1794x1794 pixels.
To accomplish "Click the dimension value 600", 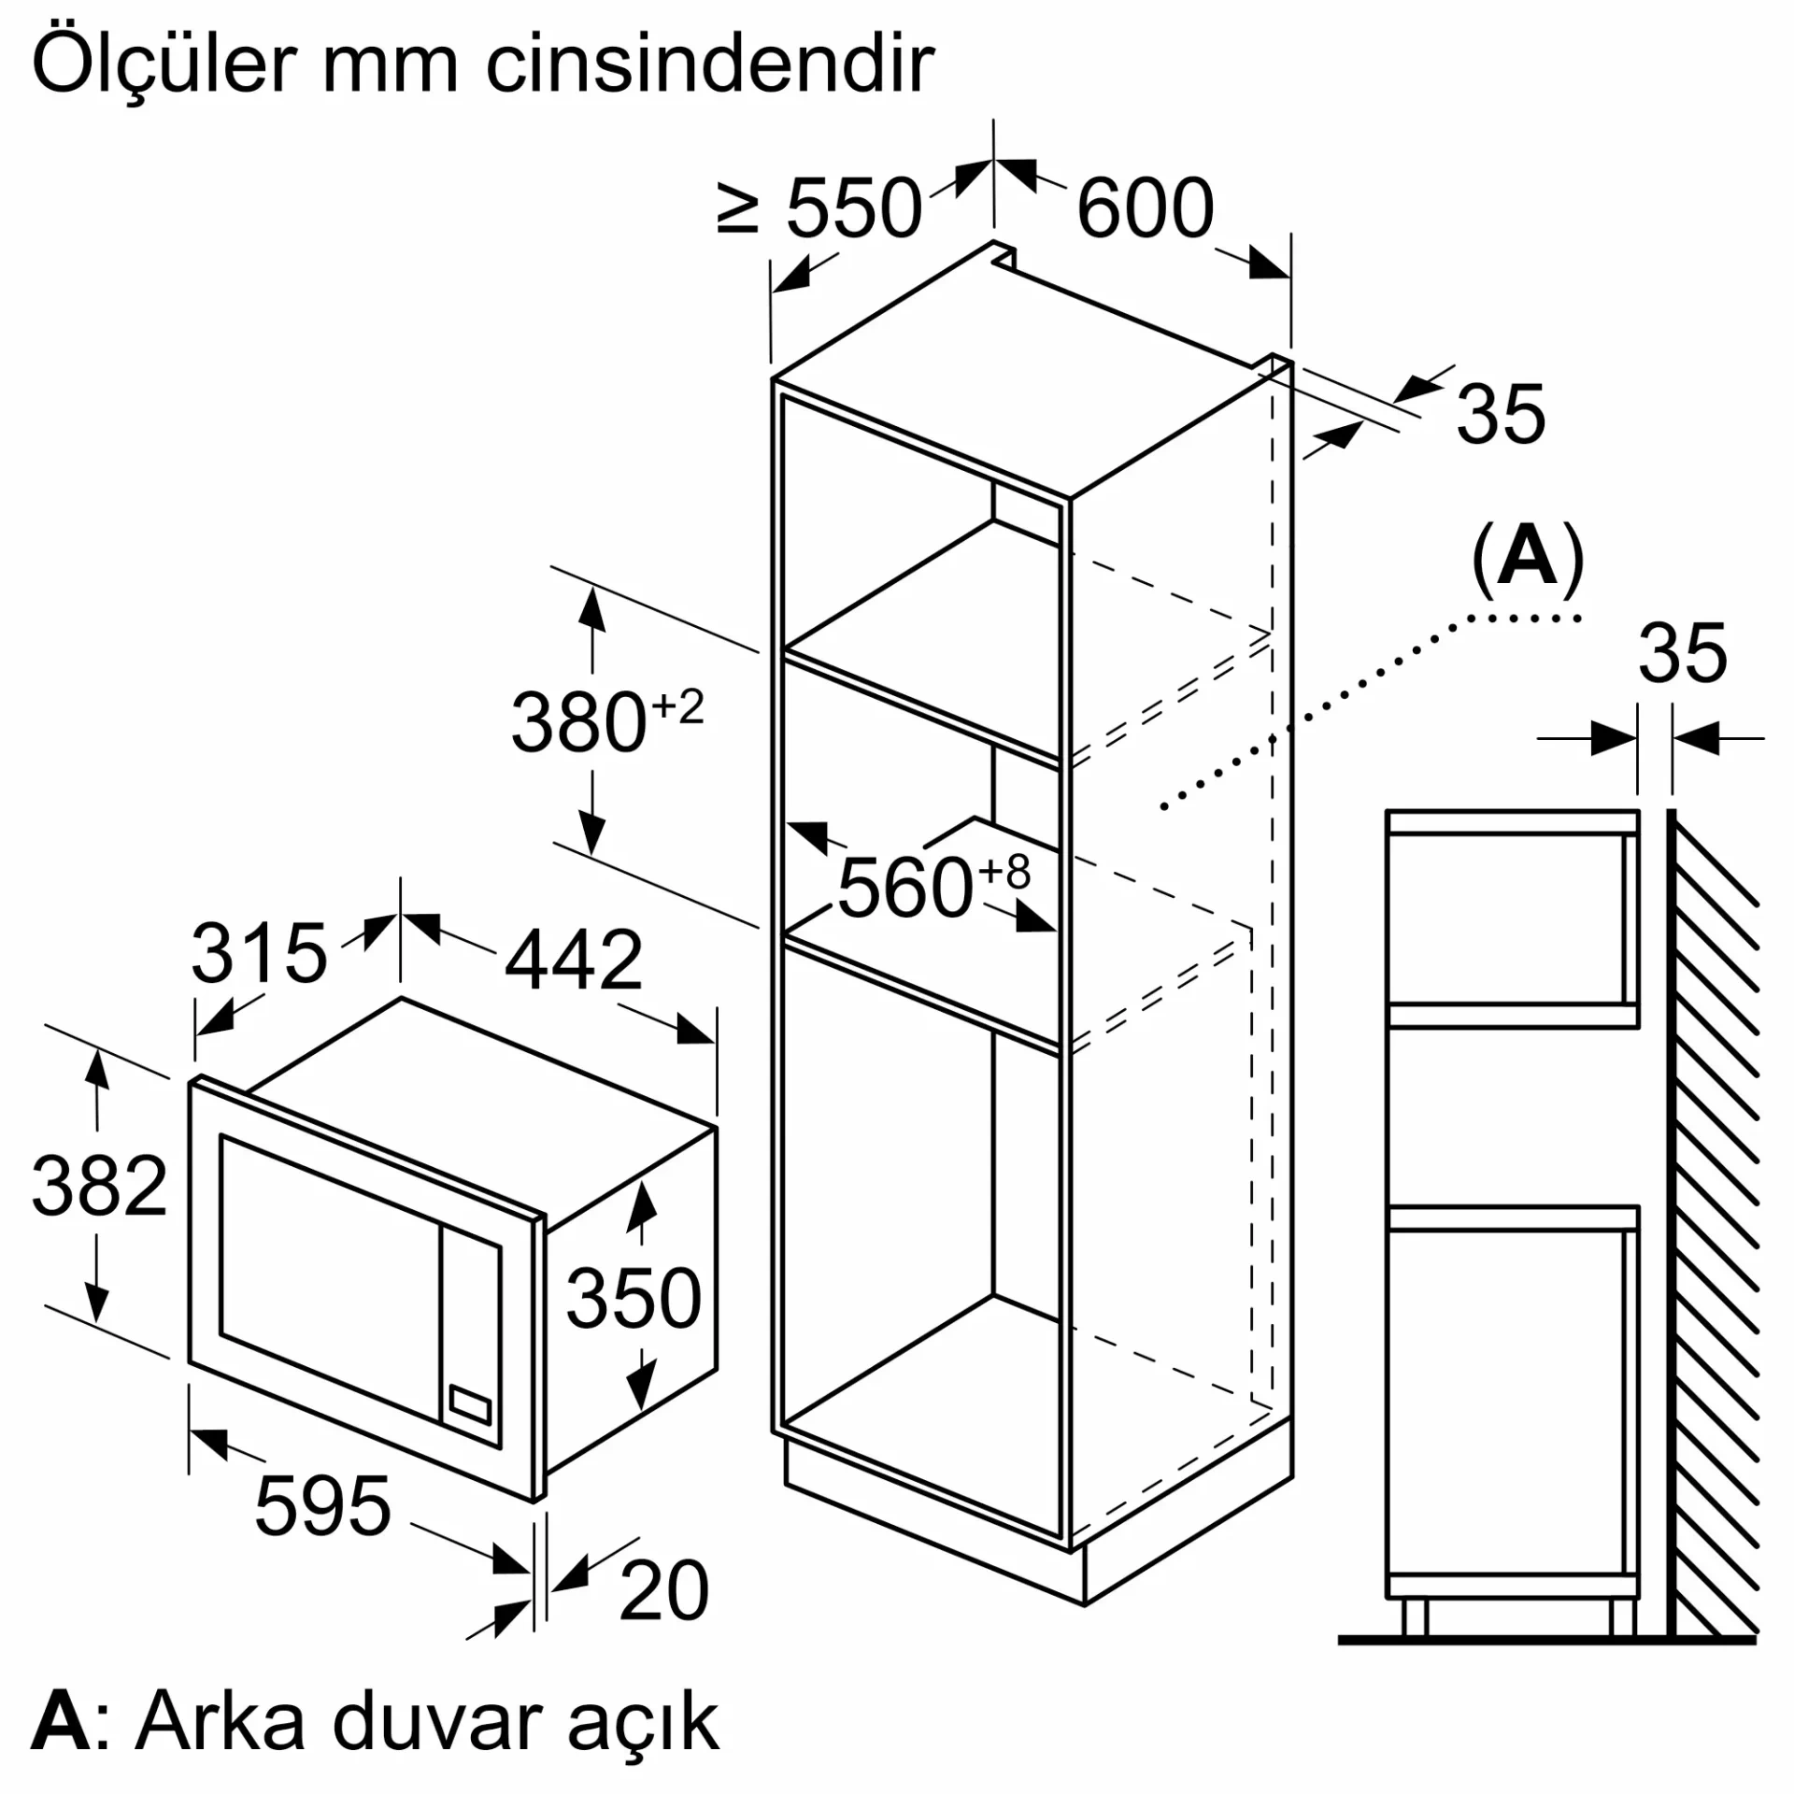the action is [x=1145, y=207].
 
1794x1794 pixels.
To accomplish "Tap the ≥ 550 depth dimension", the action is [x=819, y=207].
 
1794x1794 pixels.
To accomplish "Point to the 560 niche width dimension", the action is [x=933, y=885].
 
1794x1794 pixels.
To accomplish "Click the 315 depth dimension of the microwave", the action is [x=259, y=954].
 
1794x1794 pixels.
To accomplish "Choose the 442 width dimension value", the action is [x=574, y=960].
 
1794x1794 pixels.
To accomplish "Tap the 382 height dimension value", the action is [x=99, y=1186].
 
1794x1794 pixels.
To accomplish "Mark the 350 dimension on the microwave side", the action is [x=634, y=1298].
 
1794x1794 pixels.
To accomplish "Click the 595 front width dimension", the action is [x=322, y=1505].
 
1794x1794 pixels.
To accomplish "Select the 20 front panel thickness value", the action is [x=664, y=1589].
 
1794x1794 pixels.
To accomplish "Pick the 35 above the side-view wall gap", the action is [x=1683, y=653].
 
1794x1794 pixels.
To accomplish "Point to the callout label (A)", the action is [x=1528, y=558].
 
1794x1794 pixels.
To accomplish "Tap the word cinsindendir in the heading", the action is [x=710, y=64].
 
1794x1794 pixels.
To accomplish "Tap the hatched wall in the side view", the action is [x=1713, y=1223].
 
